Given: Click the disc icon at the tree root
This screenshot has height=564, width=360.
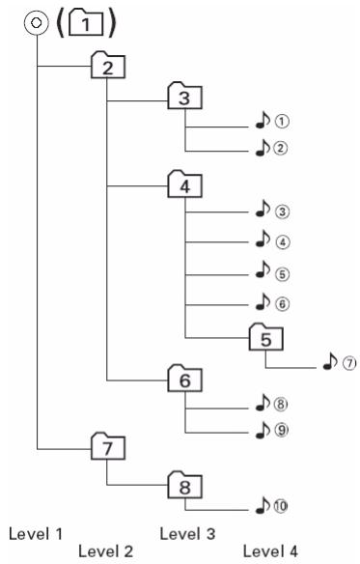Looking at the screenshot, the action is [x=36, y=23].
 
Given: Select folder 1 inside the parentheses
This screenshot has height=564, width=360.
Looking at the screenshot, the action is [x=86, y=23].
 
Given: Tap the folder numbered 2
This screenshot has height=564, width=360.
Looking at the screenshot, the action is [x=108, y=66].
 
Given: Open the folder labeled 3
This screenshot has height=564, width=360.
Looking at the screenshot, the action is [x=185, y=97].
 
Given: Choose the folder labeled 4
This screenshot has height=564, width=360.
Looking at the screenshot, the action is [x=185, y=184].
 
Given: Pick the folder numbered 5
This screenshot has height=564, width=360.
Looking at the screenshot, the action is [x=266, y=338].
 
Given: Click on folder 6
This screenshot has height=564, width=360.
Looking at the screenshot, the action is [x=185, y=379].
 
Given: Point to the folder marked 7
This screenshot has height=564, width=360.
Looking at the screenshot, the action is [x=108, y=446].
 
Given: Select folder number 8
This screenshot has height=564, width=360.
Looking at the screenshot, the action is [x=185, y=486].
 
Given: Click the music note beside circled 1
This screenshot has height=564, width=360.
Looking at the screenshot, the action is [x=263, y=120].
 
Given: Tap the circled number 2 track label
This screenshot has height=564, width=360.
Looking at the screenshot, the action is [x=281, y=148].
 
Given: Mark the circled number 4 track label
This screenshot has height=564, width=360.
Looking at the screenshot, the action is [x=283, y=241].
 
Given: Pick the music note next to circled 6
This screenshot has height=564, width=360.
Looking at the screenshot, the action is [x=263, y=301].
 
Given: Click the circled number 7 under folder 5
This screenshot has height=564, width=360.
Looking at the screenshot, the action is [x=349, y=363].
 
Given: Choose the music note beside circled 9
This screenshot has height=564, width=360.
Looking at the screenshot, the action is [x=263, y=430].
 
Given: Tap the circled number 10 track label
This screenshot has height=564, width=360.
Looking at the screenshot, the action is [x=281, y=506].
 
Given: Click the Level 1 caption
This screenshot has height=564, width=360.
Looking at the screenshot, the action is [x=36, y=534].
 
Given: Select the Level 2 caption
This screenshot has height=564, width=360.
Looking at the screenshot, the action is [x=106, y=551].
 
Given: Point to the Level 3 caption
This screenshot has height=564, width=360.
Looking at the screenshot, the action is [x=187, y=534].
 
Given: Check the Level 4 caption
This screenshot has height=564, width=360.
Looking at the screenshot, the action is [x=270, y=551].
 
